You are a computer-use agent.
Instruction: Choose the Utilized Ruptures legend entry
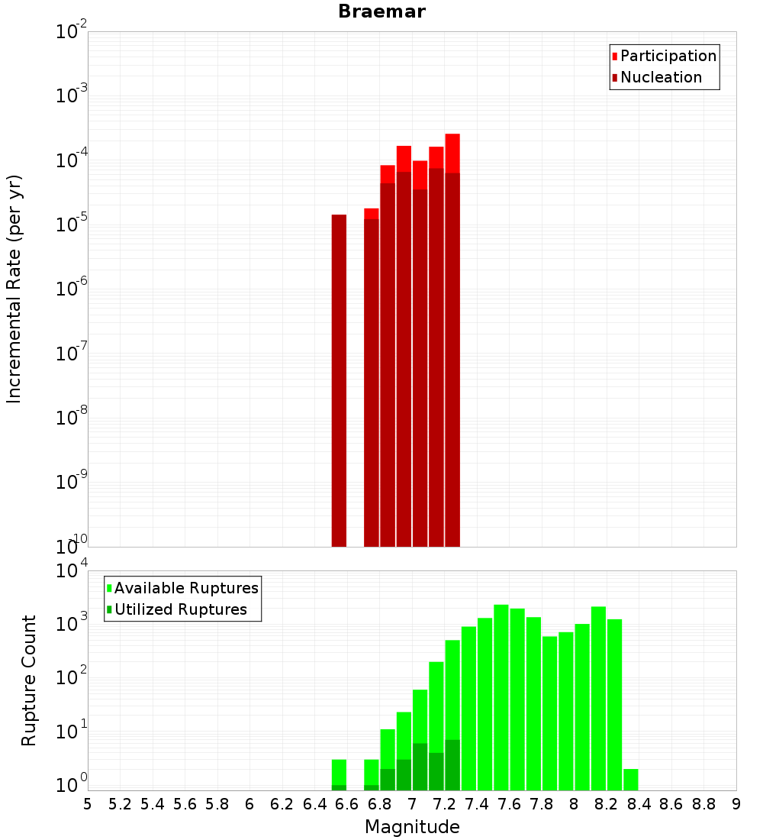pyautogui.click(x=180, y=609)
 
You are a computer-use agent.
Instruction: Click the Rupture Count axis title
pyautogui.click(x=29, y=680)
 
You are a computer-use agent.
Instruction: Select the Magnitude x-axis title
pyautogui.click(x=412, y=827)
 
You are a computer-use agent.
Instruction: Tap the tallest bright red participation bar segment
pyautogui.click(x=452, y=153)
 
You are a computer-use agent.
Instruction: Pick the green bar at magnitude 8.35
pyautogui.click(x=631, y=779)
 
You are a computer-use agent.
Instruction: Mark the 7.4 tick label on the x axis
pyautogui.click(x=477, y=804)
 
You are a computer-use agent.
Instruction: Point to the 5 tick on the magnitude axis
pyautogui.click(x=88, y=804)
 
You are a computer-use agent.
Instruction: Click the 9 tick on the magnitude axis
pyautogui.click(x=736, y=804)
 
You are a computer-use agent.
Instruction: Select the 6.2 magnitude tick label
pyautogui.click(x=282, y=804)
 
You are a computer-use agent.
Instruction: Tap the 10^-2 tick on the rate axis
pyautogui.click(x=72, y=33)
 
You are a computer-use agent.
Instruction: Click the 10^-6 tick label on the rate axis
pyautogui.click(x=72, y=289)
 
